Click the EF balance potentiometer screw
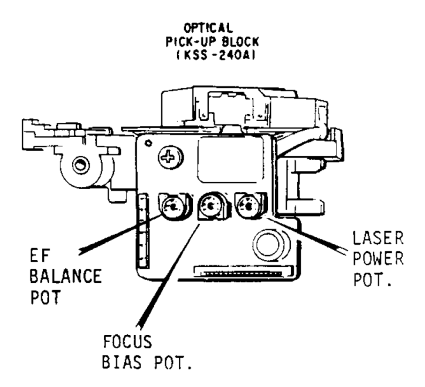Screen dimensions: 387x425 172,206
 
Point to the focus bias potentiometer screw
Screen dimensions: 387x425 210,206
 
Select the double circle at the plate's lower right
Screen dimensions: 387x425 268,240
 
